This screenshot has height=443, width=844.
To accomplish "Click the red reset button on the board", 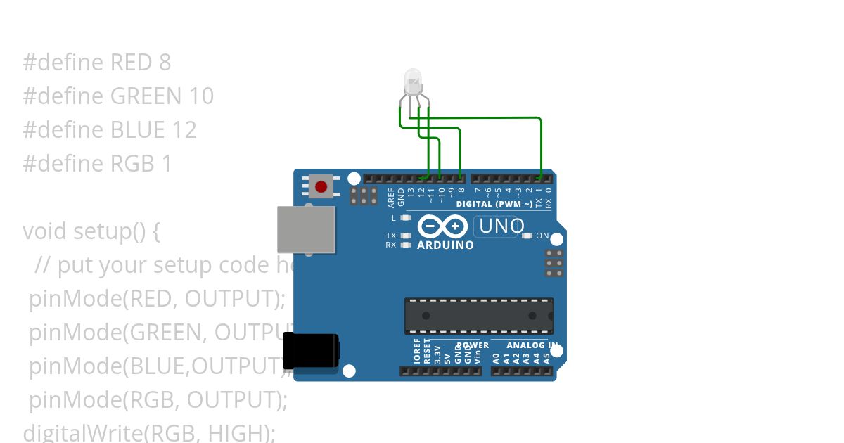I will [x=321, y=187].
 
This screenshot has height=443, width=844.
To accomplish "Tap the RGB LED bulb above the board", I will [x=413, y=82].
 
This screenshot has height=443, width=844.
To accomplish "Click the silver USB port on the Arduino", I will [x=306, y=229].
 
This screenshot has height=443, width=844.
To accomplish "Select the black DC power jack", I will [x=310, y=350].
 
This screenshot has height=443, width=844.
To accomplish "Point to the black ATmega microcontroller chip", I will [x=478, y=316].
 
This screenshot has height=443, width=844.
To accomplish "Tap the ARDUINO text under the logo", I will [x=445, y=245].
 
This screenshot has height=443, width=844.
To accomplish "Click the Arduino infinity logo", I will [x=443, y=226].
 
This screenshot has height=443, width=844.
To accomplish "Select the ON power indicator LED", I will [x=527, y=236].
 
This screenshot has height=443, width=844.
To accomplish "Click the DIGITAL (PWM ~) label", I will [x=494, y=204].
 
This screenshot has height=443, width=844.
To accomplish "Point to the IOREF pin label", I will [x=417, y=352].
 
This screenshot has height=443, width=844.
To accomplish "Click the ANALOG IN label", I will [x=532, y=345].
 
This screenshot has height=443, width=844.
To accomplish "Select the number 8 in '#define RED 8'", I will [x=165, y=63].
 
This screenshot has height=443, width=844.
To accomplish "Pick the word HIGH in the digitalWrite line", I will [x=238, y=432].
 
